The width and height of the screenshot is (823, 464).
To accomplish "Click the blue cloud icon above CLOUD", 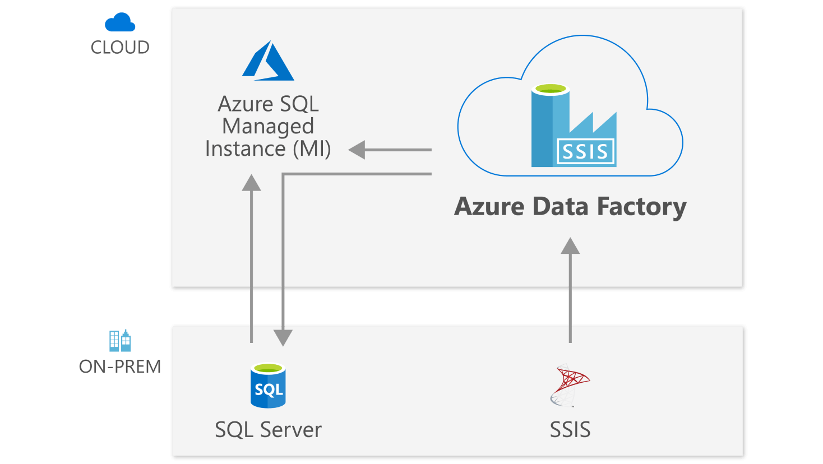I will (120, 23).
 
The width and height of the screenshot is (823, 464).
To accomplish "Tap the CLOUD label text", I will (120, 48).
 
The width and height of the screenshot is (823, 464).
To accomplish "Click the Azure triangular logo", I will (268, 61).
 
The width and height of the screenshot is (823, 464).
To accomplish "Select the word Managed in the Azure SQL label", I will (268, 127).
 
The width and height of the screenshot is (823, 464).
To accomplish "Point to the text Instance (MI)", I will (268, 149).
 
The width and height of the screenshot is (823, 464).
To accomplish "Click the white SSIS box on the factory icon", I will (585, 152).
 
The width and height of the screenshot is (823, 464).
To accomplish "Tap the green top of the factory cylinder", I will (551, 89).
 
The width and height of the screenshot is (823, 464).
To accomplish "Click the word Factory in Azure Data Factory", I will (641, 207).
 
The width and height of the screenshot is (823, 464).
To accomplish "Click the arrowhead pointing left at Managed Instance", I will (357, 150).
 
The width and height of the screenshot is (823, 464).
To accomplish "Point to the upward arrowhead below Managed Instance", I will (252, 183).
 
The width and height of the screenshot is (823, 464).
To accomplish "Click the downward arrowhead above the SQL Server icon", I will (283, 337).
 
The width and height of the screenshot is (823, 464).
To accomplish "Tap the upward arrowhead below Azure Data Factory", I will (570, 246).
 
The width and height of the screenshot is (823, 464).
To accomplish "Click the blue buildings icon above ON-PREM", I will (120, 340).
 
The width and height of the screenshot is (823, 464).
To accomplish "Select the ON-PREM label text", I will (120, 367).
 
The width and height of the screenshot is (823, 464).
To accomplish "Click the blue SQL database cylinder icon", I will (268, 386).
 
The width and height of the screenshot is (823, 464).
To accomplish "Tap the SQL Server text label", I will (268, 430).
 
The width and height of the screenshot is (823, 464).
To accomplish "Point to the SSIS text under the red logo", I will (570, 430).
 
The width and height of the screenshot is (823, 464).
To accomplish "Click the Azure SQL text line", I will (268, 104).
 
